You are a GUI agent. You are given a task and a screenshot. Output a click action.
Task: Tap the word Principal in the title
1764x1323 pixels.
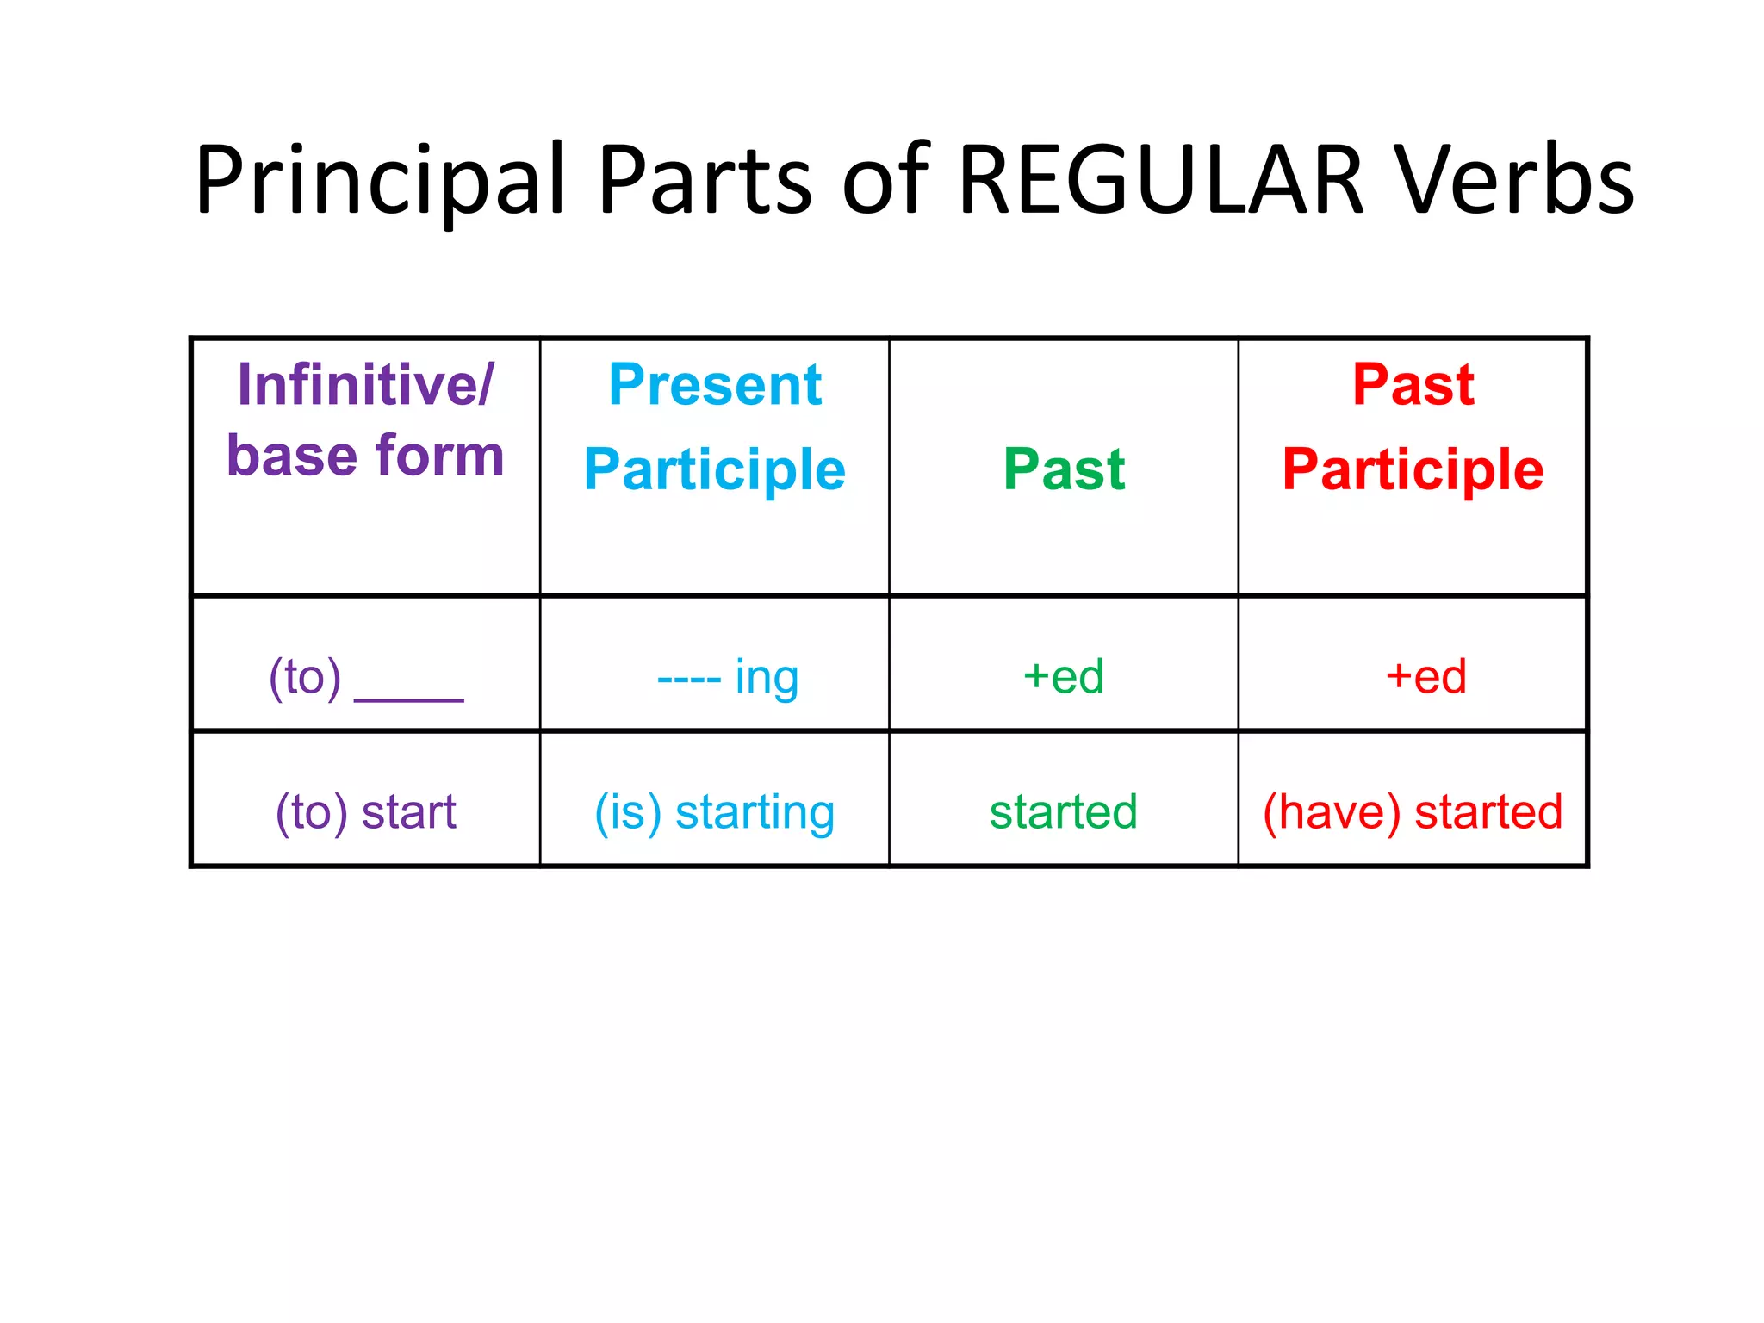click(x=380, y=181)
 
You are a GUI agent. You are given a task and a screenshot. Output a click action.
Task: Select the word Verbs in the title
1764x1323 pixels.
click(x=1514, y=181)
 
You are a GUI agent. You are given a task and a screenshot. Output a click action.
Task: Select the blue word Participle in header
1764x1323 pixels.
click(x=715, y=469)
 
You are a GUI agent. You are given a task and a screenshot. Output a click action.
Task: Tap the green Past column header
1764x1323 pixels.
click(x=1064, y=469)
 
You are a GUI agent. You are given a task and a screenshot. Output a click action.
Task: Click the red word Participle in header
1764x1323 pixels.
click(x=1413, y=469)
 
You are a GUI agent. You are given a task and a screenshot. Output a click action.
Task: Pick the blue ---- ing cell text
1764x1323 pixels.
click(x=728, y=677)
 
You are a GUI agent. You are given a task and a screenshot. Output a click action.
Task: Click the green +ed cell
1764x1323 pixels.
click(x=1064, y=677)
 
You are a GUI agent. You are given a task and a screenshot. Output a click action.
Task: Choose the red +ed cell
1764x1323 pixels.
click(x=1425, y=677)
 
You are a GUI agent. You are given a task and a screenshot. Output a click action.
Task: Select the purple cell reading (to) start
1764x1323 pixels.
click(x=365, y=812)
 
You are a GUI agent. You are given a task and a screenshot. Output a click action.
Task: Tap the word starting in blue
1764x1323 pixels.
click(x=755, y=812)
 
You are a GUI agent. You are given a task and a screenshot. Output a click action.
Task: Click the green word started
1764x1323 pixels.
click(x=1064, y=812)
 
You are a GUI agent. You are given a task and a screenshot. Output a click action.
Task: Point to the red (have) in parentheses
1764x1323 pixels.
click(x=1332, y=812)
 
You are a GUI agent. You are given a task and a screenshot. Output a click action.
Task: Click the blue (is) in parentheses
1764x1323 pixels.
click(x=628, y=812)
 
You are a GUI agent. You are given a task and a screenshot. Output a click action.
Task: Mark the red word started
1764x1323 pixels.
click(x=1488, y=812)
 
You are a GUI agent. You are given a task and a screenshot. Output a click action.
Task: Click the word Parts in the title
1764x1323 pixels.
click(x=705, y=181)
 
